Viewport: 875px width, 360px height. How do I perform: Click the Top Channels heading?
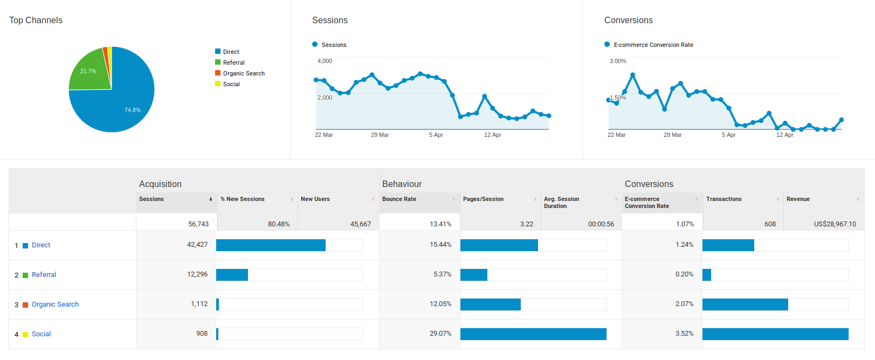(x=36, y=20)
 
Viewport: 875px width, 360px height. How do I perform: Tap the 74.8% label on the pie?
(x=133, y=110)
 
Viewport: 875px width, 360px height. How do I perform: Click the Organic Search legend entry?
(x=244, y=73)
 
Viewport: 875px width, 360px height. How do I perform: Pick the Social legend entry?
(x=231, y=84)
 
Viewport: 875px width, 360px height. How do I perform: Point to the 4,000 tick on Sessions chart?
(x=325, y=61)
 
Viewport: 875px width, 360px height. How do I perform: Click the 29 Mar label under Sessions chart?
(x=380, y=135)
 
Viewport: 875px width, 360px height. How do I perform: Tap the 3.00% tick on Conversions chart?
(x=618, y=61)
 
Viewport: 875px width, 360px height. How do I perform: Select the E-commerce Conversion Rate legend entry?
(x=653, y=45)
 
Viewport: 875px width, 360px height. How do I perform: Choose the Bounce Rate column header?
(x=399, y=199)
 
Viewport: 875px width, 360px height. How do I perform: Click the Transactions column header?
(x=724, y=199)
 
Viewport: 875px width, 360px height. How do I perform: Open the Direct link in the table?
(x=41, y=245)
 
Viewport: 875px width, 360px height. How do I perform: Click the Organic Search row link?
(x=55, y=304)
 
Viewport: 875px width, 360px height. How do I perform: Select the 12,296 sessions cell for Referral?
(x=197, y=274)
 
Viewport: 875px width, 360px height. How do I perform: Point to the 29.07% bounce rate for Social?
(x=440, y=334)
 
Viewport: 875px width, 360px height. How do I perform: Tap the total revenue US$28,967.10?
(x=835, y=224)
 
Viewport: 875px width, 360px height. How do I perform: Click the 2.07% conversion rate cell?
(x=684, y=304)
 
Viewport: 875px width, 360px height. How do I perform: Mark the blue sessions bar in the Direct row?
(x=271, y=245)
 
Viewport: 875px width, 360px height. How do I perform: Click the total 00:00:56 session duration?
(x=601, y=224)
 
